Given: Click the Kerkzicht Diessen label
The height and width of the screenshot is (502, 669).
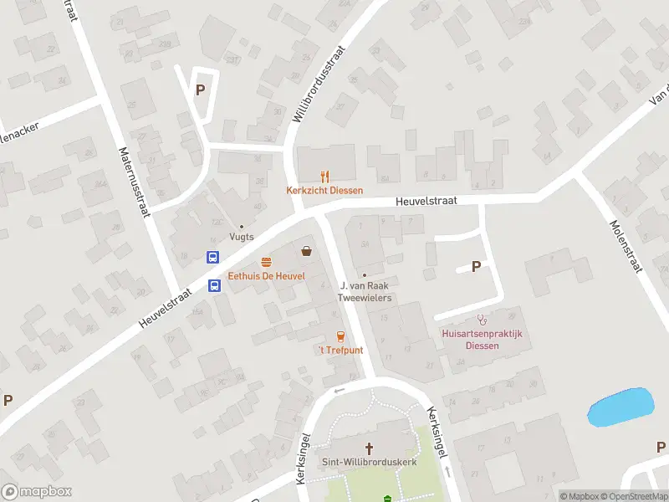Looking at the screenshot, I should pos(324,190).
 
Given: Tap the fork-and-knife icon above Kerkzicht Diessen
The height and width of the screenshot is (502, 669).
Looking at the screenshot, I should pos(325,177).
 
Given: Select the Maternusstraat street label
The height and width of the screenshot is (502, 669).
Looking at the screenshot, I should pos(135,183).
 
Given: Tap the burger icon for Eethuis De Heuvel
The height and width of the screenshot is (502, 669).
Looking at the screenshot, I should pos(267,262).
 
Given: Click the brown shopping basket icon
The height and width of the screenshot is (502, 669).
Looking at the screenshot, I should pos(307,250).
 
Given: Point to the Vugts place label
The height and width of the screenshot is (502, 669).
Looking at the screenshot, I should pos(242,238).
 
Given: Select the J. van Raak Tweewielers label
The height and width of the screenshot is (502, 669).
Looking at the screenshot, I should pos(365,291).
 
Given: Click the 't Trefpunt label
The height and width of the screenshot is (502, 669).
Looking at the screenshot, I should pos(341,350).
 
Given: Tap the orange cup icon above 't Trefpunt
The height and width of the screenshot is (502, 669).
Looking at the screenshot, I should pos(340,336).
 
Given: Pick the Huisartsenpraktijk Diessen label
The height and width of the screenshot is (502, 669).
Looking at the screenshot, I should pos(482,339).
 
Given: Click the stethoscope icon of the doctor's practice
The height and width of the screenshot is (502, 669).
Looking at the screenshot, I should pos(482,320).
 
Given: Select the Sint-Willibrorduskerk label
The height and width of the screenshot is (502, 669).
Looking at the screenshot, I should pos(368,461).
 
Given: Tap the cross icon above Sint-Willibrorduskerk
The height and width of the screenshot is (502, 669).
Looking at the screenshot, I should pos(368,448).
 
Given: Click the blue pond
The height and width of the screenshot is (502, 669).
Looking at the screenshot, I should pos(620,407).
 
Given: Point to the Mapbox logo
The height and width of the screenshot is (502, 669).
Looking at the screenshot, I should pos(37,492).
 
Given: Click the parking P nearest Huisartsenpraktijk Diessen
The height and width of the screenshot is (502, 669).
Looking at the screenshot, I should pos(477,267).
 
